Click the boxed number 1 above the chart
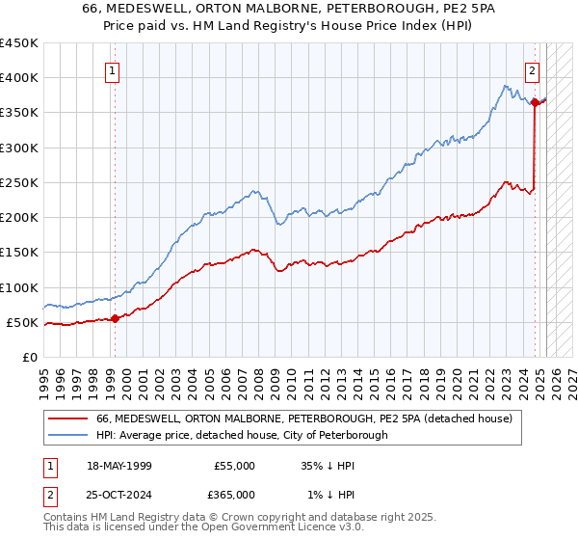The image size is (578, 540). pyautogui.click(x=114, y=69)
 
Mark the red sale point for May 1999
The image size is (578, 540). pyautogui.click(x=115, y=318)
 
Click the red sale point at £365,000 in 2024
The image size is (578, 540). pyautogui.click(x=535, y=102)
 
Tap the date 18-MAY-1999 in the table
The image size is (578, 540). pyautogui.click(x=119, y=465)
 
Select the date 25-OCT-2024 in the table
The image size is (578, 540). pyautogui.click(x=119, y=494)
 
